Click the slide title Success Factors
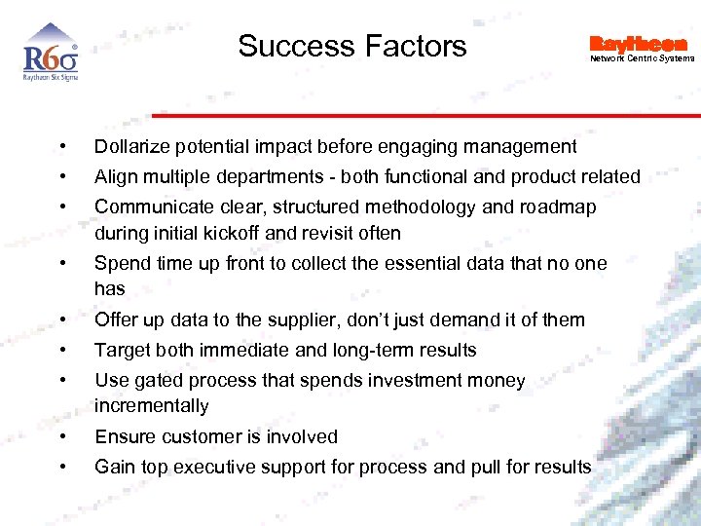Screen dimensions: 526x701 (351, 46)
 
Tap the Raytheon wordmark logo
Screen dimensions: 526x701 (638, 44)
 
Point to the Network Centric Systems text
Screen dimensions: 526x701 (643, 59)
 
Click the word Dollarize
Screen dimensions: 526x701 (131, 147)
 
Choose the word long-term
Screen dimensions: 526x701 (366, 351)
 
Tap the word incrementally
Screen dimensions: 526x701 (151, 406)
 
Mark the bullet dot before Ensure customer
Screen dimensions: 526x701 (62, 437)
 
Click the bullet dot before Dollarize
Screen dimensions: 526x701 (62, 147)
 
